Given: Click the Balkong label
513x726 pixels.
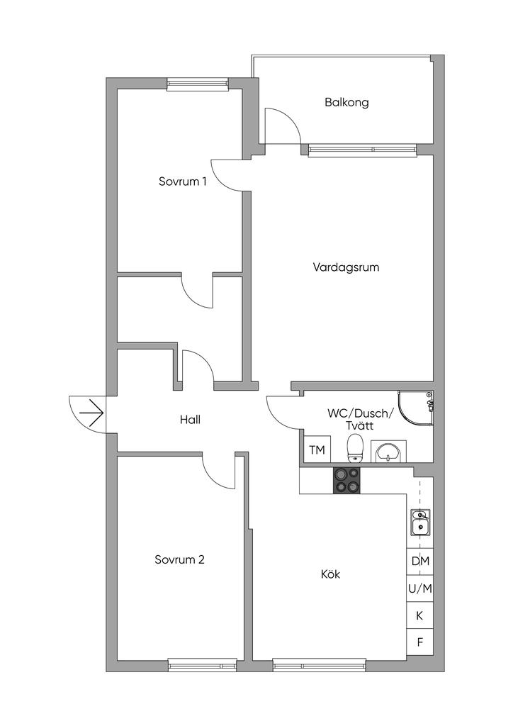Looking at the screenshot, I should (346, 102).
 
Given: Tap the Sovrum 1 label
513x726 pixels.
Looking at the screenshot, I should (183, 181).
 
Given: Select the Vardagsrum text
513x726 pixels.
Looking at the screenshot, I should (346, 267).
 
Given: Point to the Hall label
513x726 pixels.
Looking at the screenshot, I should (190, 420).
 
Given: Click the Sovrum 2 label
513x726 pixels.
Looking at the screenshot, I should (179, 559).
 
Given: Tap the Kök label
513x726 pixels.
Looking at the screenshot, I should (330, 574).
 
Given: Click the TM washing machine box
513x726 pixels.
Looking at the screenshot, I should (317, 450).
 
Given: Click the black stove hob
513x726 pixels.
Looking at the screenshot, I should (347, 481).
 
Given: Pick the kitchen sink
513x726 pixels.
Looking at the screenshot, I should (419, 522).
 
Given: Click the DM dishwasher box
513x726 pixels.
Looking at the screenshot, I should (420, 561).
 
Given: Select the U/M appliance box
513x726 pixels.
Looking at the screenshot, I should (420, 588).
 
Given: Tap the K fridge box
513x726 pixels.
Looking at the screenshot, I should (420, 615).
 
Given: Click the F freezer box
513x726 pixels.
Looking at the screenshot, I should (420, 642).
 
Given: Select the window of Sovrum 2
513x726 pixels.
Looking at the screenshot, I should (202, 665).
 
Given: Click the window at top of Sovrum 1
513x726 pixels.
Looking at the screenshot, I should (198, 84).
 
